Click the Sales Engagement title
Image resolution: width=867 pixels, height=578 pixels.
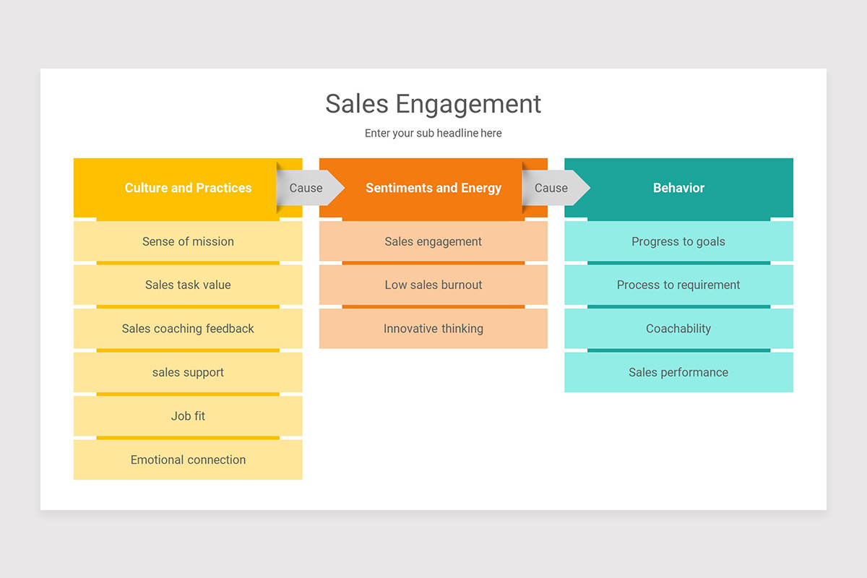coord(433,104)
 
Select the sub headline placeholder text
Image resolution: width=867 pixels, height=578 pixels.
coord(433,133)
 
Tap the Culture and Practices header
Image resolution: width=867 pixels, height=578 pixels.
coord(188,188)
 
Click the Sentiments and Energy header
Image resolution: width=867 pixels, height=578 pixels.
coord(433,188)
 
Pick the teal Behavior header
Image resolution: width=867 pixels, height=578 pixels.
coord(678,188)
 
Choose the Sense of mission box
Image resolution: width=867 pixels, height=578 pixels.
coord(188,241)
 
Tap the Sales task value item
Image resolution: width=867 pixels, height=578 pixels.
coord(188,285)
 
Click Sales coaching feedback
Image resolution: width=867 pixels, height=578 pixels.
coord(188,329)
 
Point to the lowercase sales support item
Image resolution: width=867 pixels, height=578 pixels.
coord(188,372)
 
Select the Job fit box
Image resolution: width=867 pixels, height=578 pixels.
coord(188,416)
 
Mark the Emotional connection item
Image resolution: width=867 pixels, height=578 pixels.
coord(188,460)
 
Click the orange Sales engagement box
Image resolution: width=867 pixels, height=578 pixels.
coord(433,241)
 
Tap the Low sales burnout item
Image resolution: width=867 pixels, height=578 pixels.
coord(433,285)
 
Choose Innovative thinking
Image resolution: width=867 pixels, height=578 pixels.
coord(433,329)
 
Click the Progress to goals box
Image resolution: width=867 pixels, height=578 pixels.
coord(678,241)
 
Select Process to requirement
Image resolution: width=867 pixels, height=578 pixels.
coord(678,285)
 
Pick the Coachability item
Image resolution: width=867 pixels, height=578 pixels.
coord(678,329)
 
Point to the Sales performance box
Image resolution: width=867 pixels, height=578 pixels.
coord(678,372)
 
